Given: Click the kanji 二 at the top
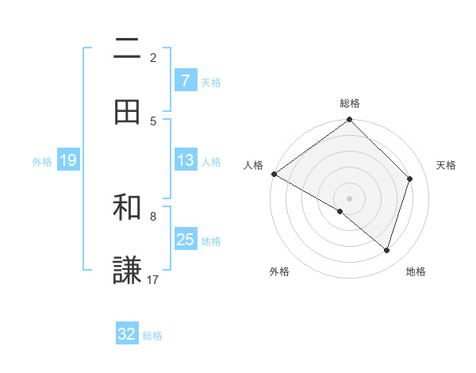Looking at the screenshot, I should pos(127,49).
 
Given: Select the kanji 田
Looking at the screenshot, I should pos(127,113).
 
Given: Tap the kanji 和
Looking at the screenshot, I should pos(127,208).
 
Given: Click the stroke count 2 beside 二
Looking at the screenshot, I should pos(153,57).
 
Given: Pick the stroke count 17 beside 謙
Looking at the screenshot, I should pos(153,279).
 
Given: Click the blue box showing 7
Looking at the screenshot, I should pos(185,81).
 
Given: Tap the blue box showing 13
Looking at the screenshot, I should pos(185,160).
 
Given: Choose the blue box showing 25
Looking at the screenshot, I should pos(185,240).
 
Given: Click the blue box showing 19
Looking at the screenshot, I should pos(67,160).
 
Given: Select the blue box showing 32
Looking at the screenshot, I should pos(127,334).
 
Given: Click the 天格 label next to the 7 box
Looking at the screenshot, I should pos(211,82).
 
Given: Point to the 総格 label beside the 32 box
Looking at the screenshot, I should pos(152,336).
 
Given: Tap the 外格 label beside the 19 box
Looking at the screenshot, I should pos(42,161).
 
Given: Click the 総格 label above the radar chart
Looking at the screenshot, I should pos(350,103).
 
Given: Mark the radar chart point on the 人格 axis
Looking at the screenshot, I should pos(274,174).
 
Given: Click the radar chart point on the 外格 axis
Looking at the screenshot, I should pos(340,211).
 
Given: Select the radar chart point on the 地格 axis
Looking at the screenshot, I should pos(386,250).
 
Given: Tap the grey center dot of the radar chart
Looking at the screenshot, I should pos(349,198).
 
